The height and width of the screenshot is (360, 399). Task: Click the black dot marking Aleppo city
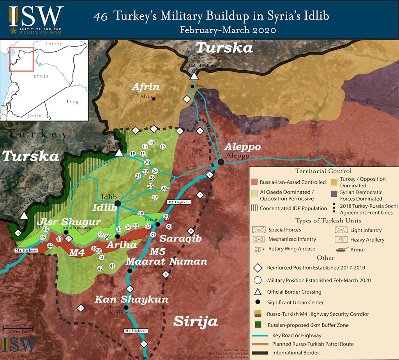pos(221,162)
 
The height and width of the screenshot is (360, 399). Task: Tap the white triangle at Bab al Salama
pos(194,76)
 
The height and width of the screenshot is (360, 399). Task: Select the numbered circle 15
pos(163,146)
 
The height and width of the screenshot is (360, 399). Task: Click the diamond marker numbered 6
pos(210,175)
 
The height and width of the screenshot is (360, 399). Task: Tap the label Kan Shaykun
pos(132,300)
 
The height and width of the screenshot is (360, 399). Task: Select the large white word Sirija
pos(195,322)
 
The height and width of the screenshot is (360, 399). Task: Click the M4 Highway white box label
pos(26,251)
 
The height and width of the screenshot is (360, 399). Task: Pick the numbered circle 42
pos(100,268)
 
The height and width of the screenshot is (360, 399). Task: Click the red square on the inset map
pos(21,59)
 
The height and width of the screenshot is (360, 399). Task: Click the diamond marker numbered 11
pos(145,344)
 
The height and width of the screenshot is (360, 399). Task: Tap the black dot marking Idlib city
pos(117,203)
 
